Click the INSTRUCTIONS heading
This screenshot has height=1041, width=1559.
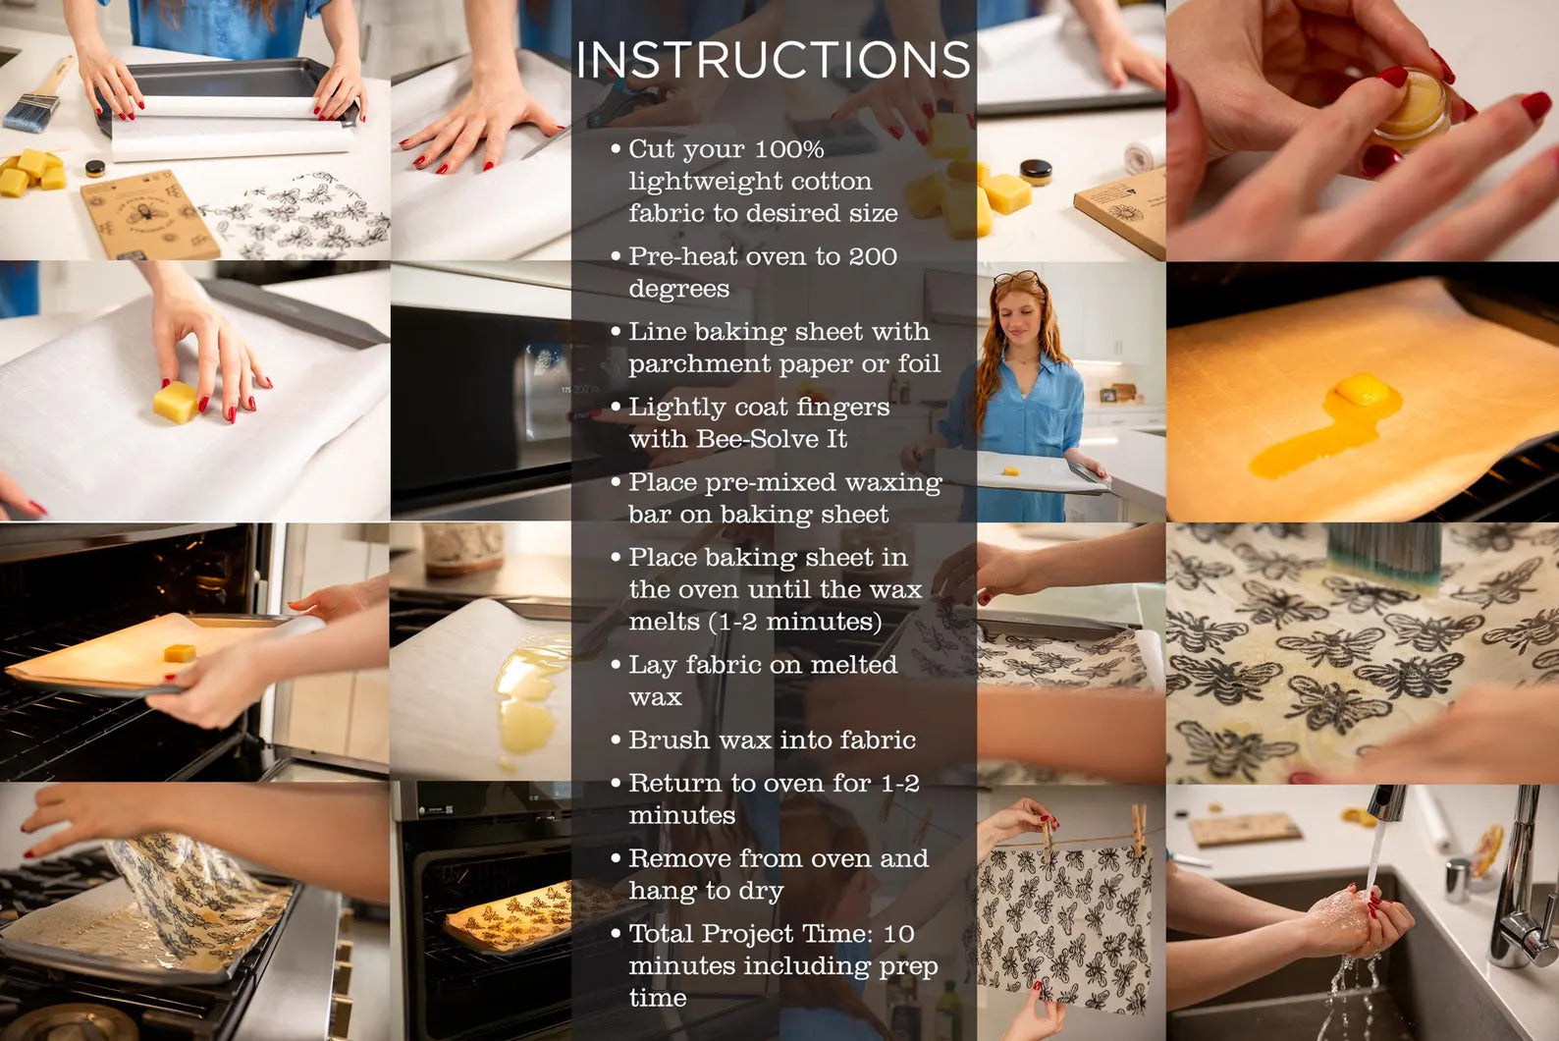click(x=774, y=60)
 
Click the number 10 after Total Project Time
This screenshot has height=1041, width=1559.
click(x=899, y=934)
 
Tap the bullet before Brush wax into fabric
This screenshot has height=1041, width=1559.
click(x=616, y=740)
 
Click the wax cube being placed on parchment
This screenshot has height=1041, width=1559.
click(x=176, y=402)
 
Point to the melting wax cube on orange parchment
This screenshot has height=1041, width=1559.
click(x=1362, y=389)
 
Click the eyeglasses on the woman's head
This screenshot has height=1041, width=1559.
click(x=1017, y=277)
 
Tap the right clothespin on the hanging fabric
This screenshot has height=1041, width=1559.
click(x=1139, y=829)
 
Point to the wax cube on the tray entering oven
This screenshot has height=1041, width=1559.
click(x=180, y=653)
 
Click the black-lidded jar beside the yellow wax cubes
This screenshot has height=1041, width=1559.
click(x=95, y=168)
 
